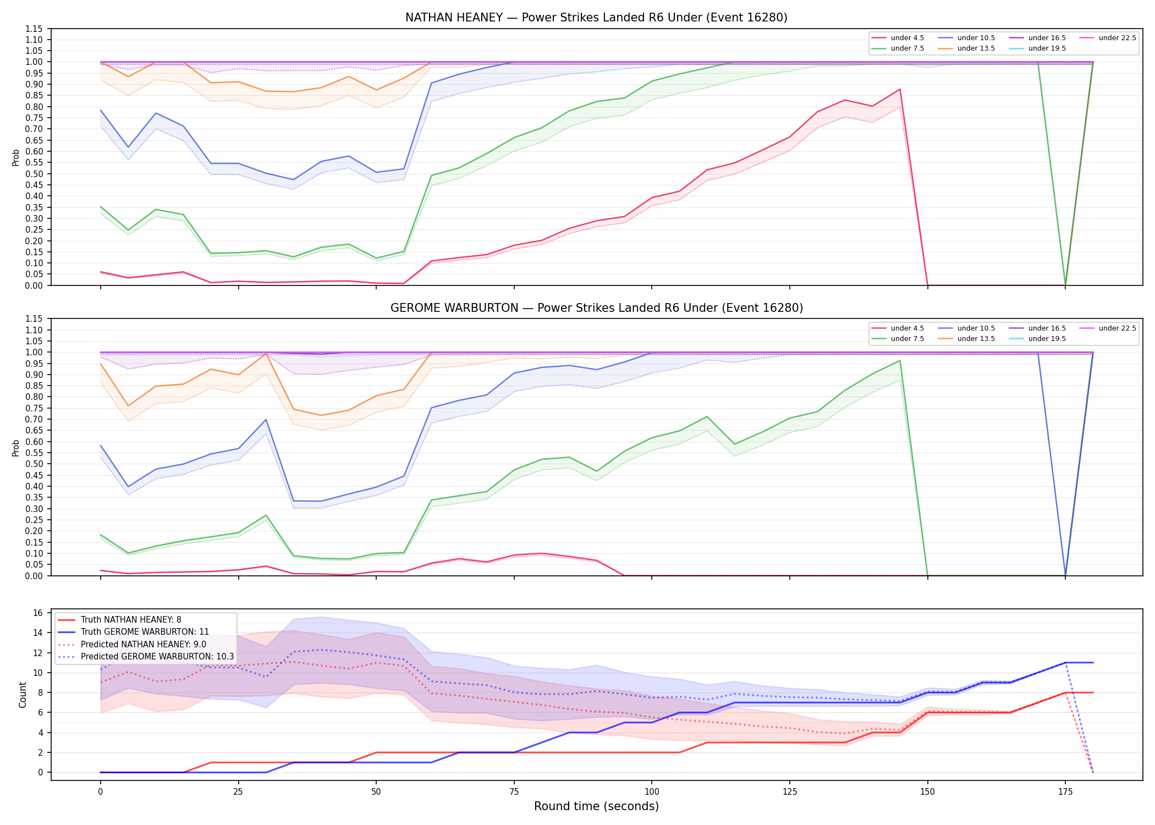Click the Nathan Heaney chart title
point(596,18)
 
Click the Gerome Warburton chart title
point(596,308)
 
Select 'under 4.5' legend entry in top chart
point(898,38)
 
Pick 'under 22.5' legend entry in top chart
point(1108,38)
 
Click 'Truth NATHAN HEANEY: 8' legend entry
point(119,620)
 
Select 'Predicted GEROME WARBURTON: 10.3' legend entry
point(146,657)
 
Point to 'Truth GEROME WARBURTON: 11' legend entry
point(134,632)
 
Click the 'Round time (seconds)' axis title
point(596,806)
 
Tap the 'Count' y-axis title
point(23,695)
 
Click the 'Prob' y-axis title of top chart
point(16,157)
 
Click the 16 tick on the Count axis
point(38,613)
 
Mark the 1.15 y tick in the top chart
point(34,29)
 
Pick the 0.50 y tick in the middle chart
point(34,464)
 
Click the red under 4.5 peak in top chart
point(900,89)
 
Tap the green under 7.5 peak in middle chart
point(900,361)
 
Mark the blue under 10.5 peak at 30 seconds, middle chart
point(266,420)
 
